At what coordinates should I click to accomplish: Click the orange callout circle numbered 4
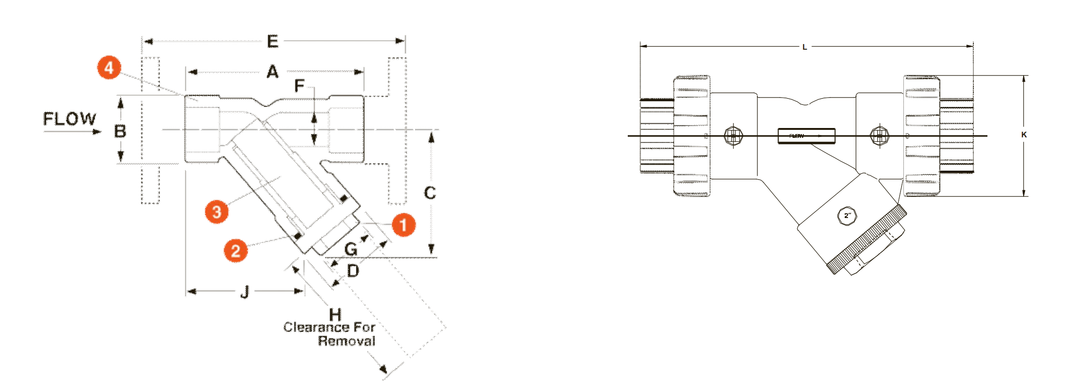point(109,68)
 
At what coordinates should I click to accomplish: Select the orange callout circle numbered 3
point(216,211)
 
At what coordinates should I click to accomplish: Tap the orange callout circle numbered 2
point(236,250)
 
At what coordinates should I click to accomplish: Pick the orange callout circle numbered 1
point(403,225)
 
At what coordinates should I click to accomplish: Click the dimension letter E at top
point(272,41)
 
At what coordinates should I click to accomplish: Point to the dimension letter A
point(272,72)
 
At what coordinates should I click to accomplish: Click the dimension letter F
point(299,86)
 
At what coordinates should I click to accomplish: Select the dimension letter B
point(120,131)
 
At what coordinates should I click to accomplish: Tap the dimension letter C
point(430,193)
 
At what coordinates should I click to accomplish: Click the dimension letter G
point(350,249)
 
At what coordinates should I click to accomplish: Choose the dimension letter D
point(353,271)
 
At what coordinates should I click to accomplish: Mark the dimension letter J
point(244,292)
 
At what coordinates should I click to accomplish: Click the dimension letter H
point(335,315)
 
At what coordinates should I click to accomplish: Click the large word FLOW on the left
point(69,119)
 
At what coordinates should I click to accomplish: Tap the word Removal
point(347,341)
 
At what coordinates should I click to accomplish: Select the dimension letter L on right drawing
point(804,47)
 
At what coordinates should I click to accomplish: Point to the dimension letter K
point(1024,135)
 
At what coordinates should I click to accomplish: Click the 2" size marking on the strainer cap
point(847,216)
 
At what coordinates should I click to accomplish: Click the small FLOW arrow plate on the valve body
point(806,136)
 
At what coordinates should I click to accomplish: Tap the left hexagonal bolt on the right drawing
point(733,136)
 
